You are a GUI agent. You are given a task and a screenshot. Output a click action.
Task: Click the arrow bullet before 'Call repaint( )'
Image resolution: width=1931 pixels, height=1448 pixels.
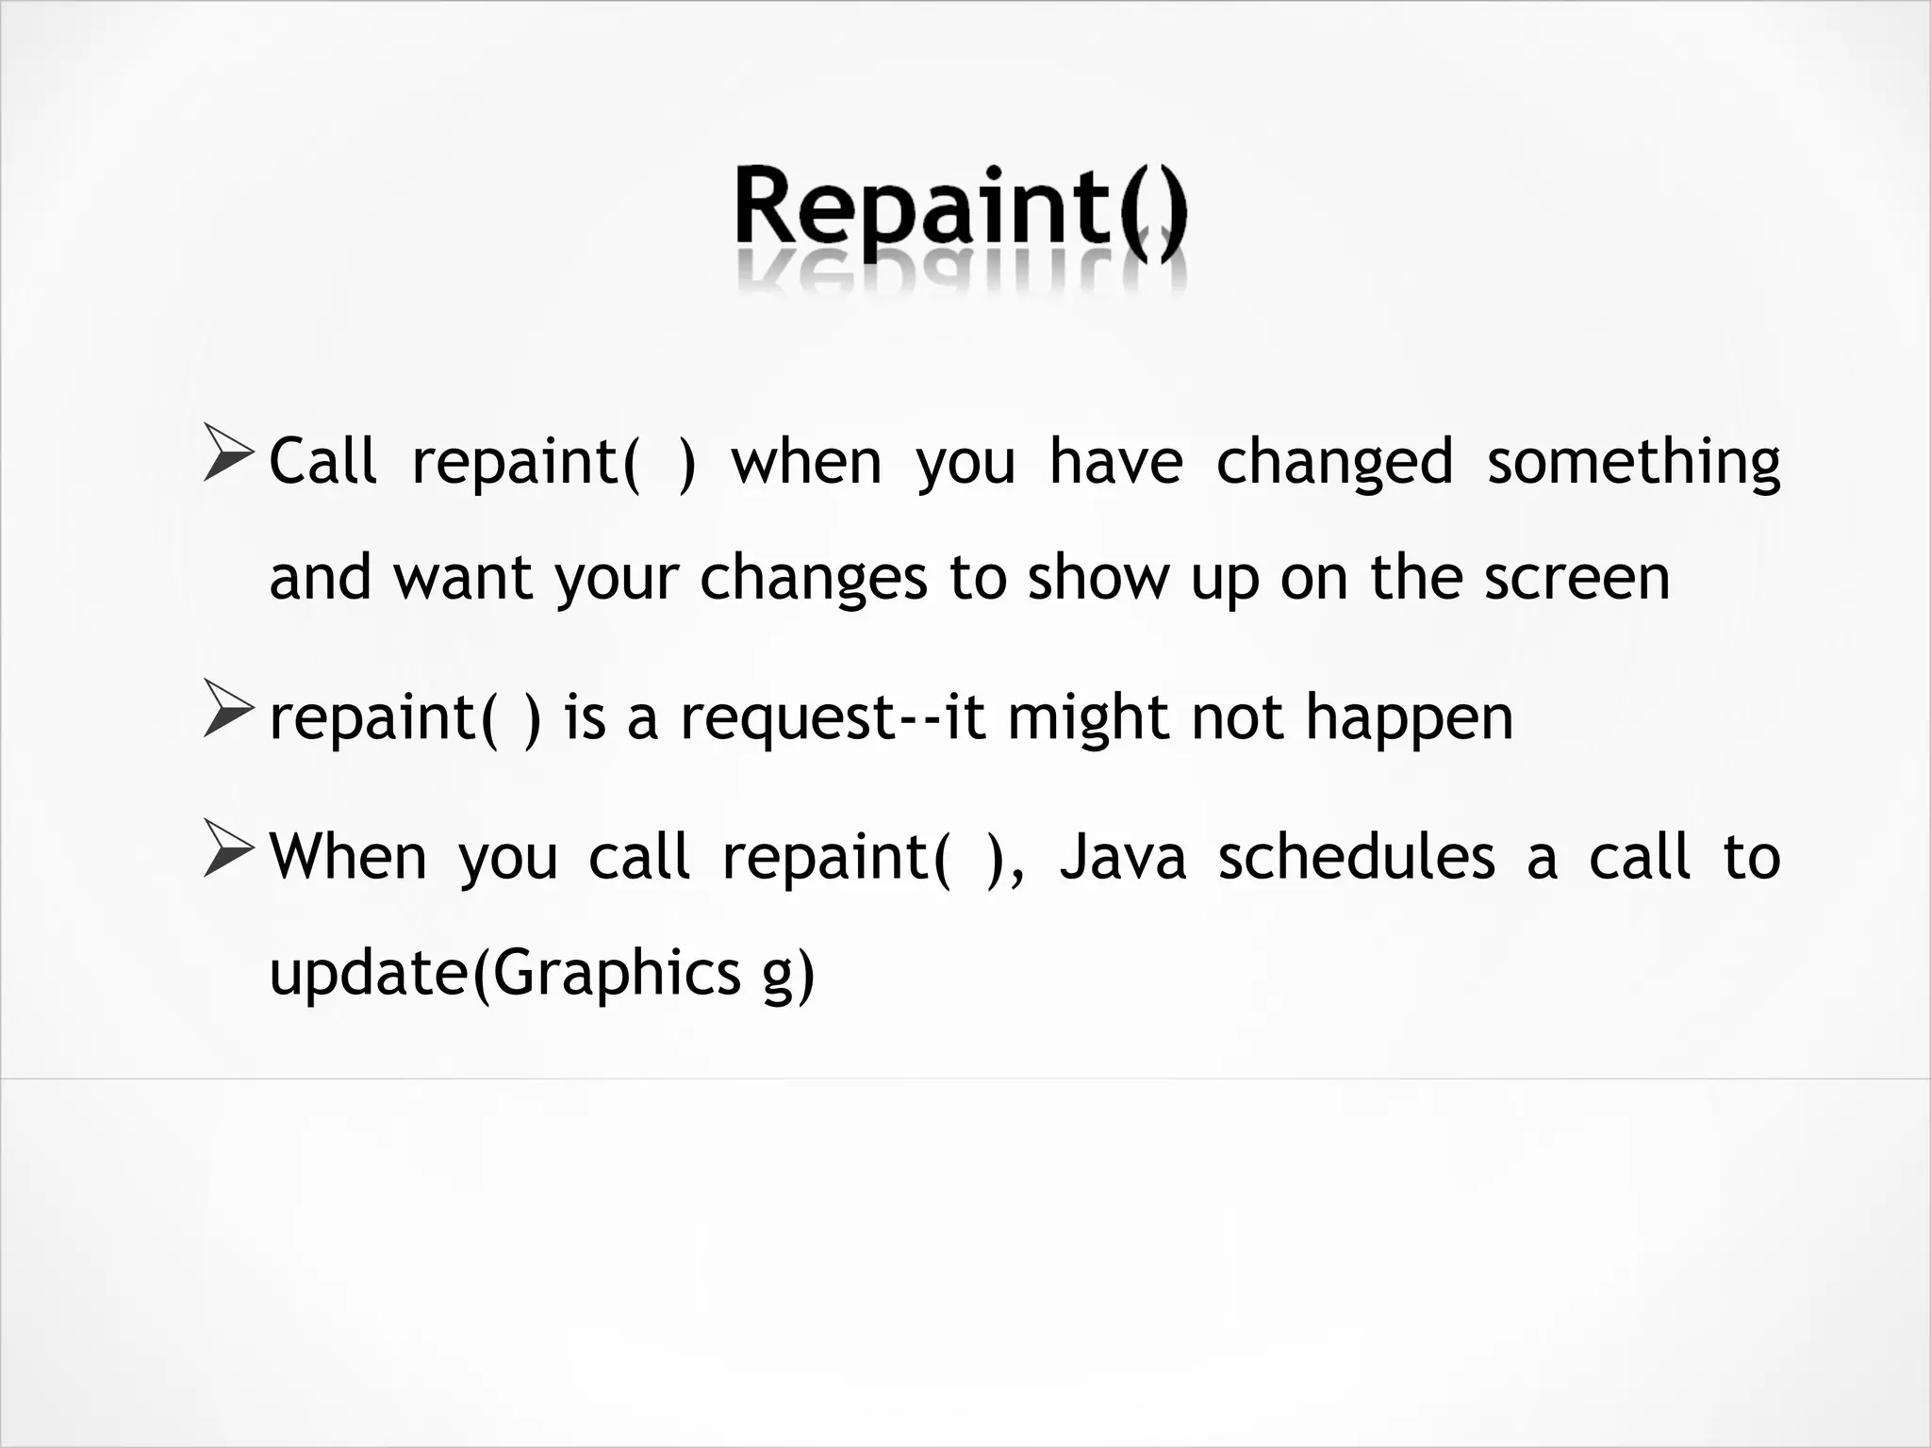click(228, 454)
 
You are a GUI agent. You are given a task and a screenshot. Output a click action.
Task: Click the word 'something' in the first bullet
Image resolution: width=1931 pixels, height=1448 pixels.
click(1633, 464)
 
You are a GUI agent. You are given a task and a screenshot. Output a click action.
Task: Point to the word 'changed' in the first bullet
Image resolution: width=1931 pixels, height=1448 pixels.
click(1333, 464)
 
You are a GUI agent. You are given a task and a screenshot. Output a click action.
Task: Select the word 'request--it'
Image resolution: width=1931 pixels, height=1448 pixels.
click(833, 719)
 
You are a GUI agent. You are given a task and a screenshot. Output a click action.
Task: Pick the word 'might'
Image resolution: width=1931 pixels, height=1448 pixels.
click(1088, 719)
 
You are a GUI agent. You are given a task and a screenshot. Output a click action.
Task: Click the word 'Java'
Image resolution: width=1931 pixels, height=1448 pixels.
click(1122, 858)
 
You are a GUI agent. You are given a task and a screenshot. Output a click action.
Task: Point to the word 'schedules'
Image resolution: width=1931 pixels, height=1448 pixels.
click(1356, 858)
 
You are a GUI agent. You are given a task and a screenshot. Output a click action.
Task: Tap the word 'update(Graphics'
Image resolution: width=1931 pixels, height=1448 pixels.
click(504, 974)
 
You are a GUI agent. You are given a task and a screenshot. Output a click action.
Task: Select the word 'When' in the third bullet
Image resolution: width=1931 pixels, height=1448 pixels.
click(348, 858)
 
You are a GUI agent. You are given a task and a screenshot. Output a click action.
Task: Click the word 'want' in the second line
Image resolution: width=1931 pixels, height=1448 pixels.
click(462, 579)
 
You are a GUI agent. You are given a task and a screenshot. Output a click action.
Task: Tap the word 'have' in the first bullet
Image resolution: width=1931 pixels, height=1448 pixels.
click(1115, 462)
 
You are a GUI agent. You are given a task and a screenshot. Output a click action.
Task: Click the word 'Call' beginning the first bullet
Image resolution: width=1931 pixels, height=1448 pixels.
click(322, 462)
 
